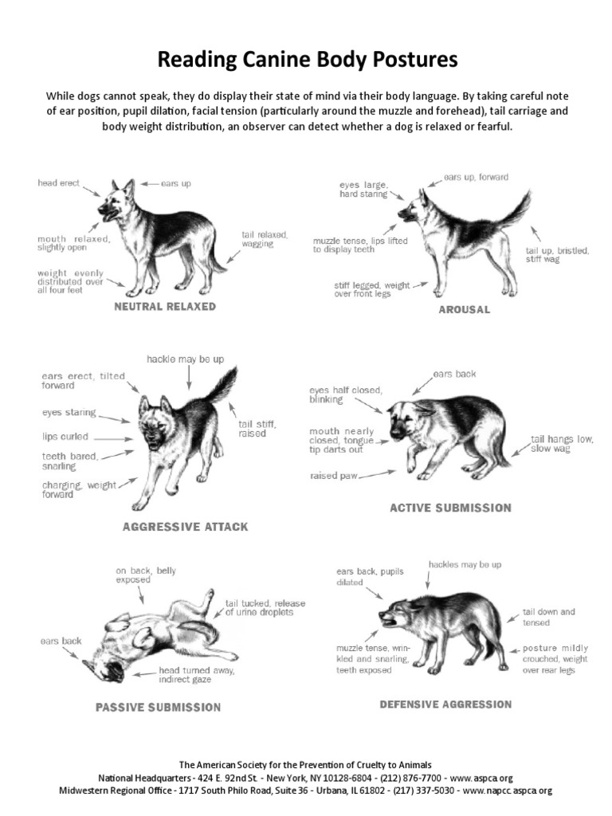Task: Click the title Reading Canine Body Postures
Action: coord(307,59)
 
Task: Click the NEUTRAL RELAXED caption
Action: coord(165,307)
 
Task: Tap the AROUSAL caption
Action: coord(464,309)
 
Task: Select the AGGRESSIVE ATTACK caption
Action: coord(185,527)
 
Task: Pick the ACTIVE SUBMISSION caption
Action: coord(450,508)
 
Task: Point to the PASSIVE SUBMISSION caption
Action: coord(158,707)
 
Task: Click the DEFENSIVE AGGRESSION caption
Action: coord(445,704)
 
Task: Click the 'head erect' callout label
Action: coord(59,183)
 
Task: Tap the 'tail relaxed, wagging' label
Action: coord(264,239)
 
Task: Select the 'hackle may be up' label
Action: coord(185,359)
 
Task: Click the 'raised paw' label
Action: coord(333,476)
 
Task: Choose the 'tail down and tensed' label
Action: coord(547,617)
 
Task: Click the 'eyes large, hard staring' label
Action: coord(363,189)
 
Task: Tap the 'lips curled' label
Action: coord(65,437)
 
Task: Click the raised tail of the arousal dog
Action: coord(514,207)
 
